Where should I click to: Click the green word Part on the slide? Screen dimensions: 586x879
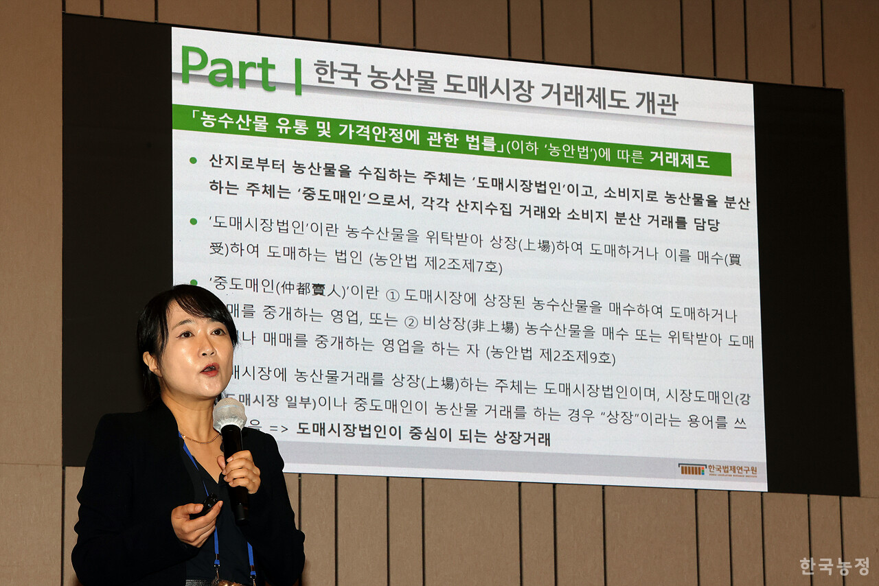click(x=228, y=69)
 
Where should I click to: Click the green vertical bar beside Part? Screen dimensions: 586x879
click(x=298, y=76)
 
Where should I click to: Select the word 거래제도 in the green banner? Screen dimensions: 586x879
click(x=679, y=161)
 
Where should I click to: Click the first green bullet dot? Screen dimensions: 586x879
click(x=193, y=161)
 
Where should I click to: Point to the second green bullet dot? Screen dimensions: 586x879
click(x=193, y=222)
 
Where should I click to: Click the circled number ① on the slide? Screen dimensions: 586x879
click(x=392, y=295)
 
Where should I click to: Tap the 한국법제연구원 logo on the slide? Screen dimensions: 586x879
click(x=718, y=470)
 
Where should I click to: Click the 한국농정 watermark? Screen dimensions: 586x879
click(x=834, y=566)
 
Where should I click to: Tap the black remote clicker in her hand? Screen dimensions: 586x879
click(x=206, y=506)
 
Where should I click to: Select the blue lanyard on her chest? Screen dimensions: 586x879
click(x=214, y=521)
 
